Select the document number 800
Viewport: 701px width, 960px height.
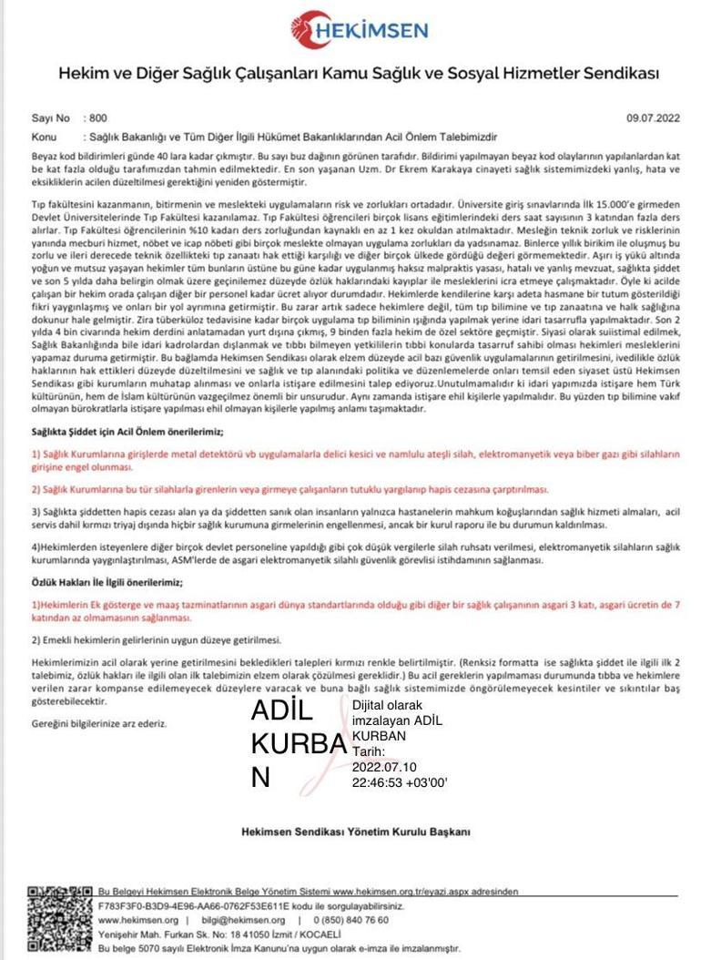coord(98,117)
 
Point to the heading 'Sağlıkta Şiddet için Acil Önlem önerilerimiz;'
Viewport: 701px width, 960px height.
coord(127,431)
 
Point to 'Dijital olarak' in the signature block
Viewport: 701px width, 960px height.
coord(387,705)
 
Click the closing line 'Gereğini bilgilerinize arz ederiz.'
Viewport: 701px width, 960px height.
coord(99,723)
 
